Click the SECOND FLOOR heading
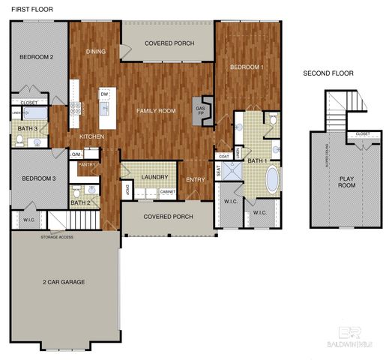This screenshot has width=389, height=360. coord(328,73)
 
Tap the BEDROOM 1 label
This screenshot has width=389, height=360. coord(247,67)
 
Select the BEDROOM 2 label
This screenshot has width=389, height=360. coord(35,57)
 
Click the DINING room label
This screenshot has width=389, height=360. coord(96,52)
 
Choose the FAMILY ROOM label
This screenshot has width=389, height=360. coord(156,111)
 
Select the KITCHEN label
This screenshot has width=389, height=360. coord(92,137)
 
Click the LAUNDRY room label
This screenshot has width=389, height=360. coord(154,178)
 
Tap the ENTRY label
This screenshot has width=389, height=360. coord(195,179)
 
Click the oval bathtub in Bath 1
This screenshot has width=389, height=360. coord(273,180)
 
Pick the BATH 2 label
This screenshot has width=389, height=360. coord(80,202)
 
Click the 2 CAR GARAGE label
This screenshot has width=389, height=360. coord(63,283)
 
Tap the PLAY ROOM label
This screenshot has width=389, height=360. coord(346,182)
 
